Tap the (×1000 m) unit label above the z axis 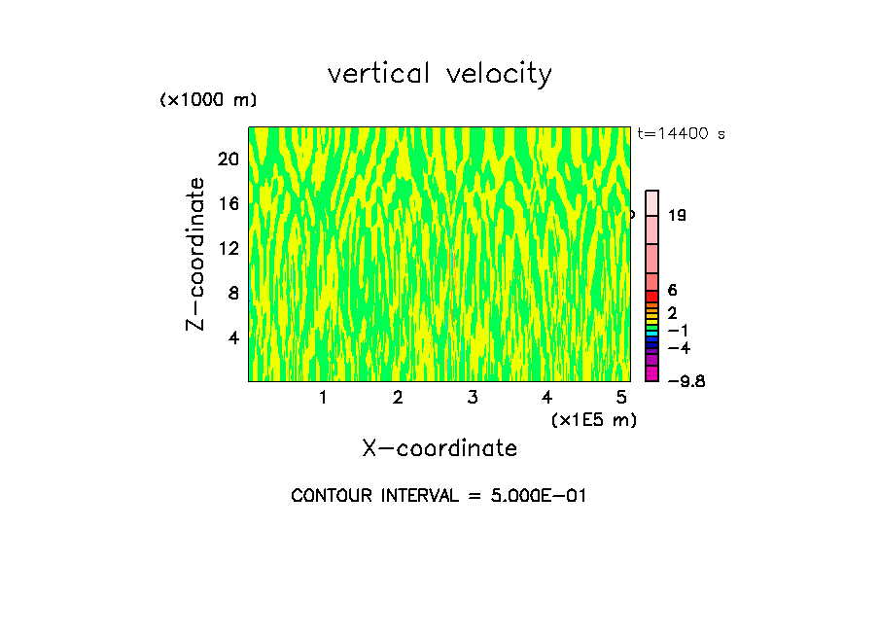coord(207,100)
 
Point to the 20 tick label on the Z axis coord(228,159)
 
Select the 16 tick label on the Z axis coord(228,204)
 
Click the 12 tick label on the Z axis coord(228,248)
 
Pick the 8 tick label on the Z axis coord(232,293)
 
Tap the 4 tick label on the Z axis coord(232,337)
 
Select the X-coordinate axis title coord(439,448)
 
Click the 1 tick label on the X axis coord(323,398)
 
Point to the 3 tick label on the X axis coord(473,398)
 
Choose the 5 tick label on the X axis coord(622,398)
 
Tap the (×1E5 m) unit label coord(593,419)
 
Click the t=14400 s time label coord(682,134)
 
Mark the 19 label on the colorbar coord(678,216)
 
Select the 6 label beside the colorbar coord(672,290)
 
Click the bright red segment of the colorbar coord(652,296)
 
